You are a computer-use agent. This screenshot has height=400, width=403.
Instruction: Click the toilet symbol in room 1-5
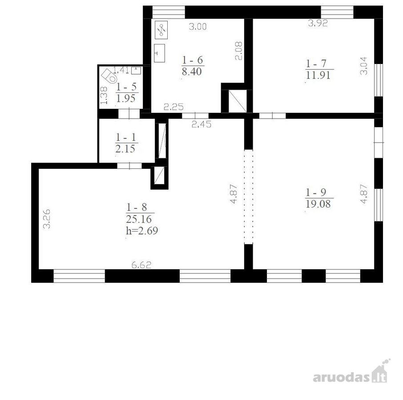[109, 76]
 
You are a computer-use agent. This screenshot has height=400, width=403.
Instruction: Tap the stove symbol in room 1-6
[161, 30]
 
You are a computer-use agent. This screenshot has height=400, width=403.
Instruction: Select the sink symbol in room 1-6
[159, 53]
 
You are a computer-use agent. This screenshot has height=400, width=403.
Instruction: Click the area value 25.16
[139, 219]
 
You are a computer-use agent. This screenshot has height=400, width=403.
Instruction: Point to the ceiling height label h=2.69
[142, 231]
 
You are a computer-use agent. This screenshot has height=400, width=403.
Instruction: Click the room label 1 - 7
[316, 64]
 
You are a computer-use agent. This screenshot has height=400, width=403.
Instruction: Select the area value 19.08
[318, 204]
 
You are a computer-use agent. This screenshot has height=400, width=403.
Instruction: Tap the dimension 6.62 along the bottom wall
[141, 265]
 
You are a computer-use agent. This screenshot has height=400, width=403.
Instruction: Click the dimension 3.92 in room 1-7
[318, 23]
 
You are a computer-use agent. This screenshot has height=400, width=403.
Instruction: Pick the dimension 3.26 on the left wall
[47, 219]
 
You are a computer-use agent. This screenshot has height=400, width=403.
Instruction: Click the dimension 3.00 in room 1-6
[197, 26]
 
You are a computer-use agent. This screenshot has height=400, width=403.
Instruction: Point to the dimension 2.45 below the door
[201, 124]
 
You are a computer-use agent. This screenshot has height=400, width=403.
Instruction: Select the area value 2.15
[125, 149]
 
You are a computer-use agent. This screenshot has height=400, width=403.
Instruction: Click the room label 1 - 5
[126, 87]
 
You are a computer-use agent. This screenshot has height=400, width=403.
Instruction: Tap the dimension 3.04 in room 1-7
[364, 66]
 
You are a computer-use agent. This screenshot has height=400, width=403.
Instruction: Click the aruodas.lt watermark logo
[351, 371]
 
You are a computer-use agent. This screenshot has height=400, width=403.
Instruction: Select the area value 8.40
[192, 72]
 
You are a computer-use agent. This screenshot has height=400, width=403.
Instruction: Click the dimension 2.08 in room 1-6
[239, 51]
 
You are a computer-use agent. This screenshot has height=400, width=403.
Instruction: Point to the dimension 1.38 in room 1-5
[104, 95]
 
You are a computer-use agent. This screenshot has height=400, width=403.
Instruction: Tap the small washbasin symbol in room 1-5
[136, 70]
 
